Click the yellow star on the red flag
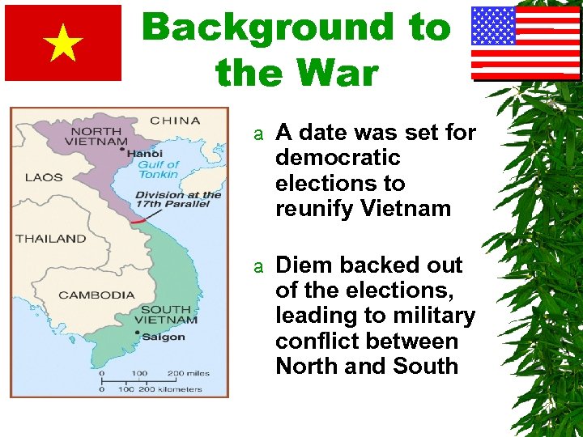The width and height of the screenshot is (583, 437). (x=63, y=44)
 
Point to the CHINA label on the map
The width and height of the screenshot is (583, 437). (x=174, y=121)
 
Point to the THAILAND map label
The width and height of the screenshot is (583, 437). (x=50, y=238)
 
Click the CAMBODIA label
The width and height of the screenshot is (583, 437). (x=96, y=295)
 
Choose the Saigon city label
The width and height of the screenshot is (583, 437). (x=164, y=337)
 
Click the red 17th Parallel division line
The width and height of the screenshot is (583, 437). (x=139, y=218)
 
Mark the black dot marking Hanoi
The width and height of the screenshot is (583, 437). (x=122, y=149)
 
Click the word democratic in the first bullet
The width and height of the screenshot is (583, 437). (x=338, y=156)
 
